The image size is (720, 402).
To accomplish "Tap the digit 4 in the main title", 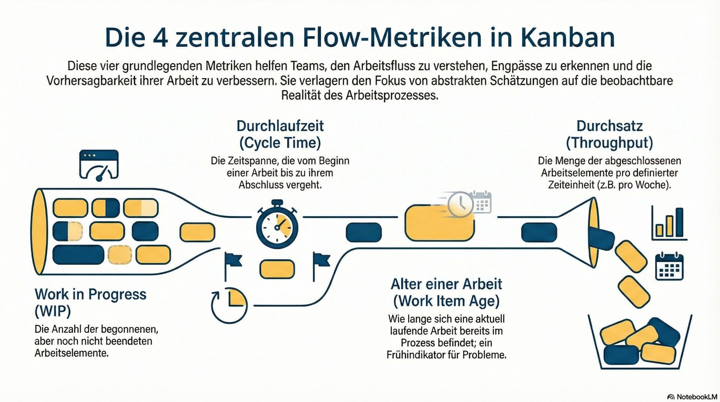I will (x=160, y=37).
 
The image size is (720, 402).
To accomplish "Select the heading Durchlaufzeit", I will (x=280, y=126).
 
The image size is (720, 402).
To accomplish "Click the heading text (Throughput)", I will (x=609, y=143).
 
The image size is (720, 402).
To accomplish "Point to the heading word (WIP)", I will (x=53, y=311).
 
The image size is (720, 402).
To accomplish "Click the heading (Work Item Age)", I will (x=446, y=301).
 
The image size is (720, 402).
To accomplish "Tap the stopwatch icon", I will (x=277, y=225).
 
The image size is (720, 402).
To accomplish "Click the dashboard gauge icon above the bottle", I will (x=99, y=165).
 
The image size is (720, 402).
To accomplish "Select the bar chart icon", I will (x=669, y=223).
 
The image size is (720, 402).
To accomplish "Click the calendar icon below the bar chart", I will (x=669, y=267).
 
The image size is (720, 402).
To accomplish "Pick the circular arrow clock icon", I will (x=229, y=305).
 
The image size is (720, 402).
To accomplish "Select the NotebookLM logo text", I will (x=696, y=397).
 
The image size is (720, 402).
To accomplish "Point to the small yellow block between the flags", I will (x=277, y=269).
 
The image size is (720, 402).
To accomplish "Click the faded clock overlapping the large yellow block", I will (x=461, y=204).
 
